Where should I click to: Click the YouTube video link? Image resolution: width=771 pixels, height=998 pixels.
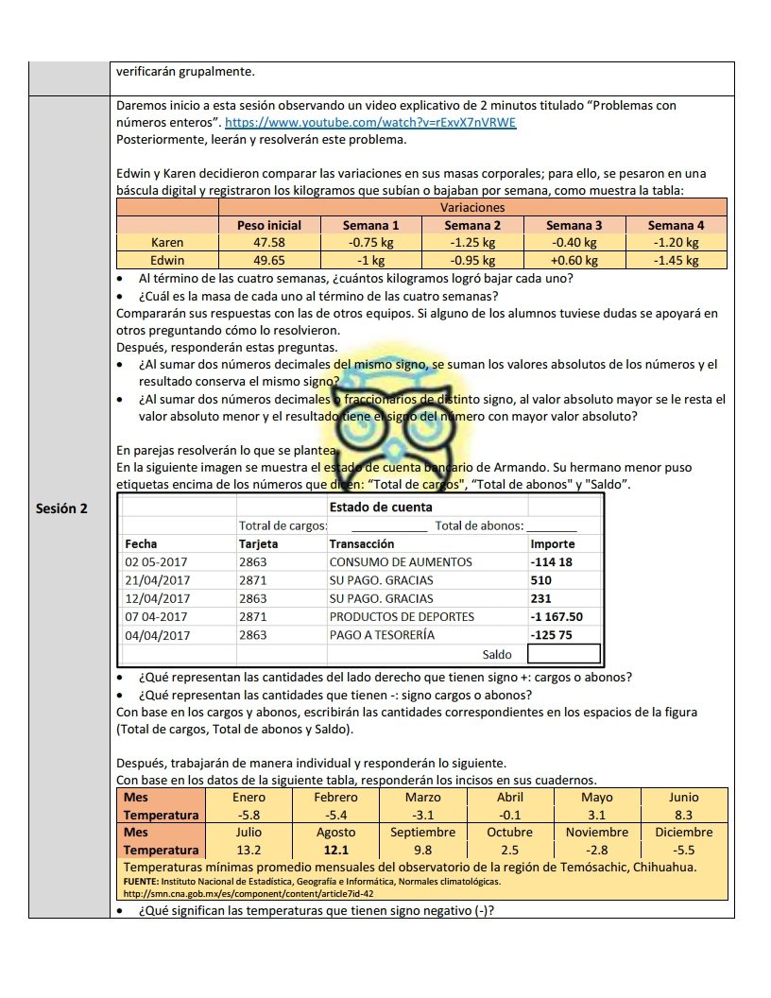(x=370, y=123)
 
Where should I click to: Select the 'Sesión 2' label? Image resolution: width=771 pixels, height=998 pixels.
(x=61, y=508)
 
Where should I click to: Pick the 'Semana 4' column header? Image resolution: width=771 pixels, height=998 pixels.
(x=675, y=225)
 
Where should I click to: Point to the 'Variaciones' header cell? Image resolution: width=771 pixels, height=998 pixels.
(x=472, y=207)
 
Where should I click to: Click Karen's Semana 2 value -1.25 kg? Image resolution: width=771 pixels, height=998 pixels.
(x=472, y=243)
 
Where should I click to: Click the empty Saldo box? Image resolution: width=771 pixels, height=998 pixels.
(x=564, y=654)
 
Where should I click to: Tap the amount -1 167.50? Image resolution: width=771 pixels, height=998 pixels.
(x=557, y=617)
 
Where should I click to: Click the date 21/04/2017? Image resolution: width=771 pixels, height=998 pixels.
(x=158, y=580)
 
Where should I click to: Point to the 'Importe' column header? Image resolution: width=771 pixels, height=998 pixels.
(x=553, y=543)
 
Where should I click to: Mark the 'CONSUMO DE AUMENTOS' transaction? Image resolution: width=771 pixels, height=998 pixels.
(x=400, y=562)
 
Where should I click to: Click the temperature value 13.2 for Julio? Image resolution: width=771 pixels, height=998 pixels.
(x=248, y=851)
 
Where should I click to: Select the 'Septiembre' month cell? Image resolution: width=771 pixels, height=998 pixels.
(x=422, y=833)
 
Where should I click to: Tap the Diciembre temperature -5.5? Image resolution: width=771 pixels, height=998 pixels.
(x=683, y=851)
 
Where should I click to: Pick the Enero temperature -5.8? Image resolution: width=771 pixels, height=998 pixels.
(x=248, y=815)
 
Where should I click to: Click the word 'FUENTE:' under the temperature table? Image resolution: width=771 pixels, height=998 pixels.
(x=145, y=882)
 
